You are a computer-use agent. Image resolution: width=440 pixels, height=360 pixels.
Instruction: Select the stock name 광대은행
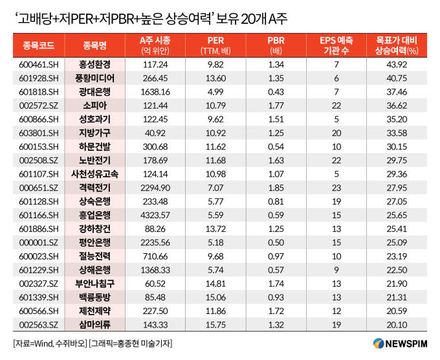click(x=94, y=91)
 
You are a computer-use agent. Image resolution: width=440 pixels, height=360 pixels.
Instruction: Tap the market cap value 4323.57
click(x=155, y=214)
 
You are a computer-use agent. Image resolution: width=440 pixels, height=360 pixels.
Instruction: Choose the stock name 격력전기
click(x=94, y=187)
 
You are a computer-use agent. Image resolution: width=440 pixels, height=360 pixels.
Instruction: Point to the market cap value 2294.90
click(x=155, y=187)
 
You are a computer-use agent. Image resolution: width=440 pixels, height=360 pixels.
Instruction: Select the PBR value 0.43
click(x=276, y=91)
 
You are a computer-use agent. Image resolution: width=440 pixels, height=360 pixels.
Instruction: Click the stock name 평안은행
click(x=94, y=242)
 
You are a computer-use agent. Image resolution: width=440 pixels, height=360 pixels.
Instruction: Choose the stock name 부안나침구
click(x=94, y=283)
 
